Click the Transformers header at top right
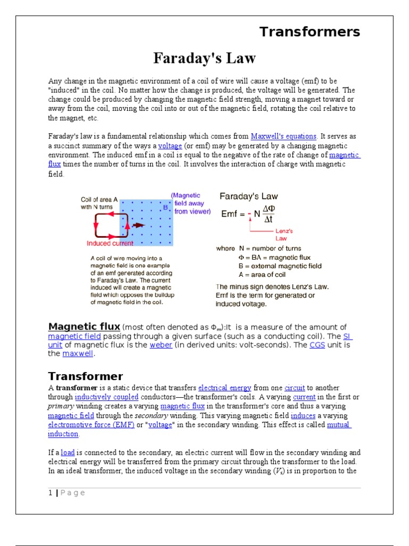pos(309,32)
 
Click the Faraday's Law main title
pos(204,58)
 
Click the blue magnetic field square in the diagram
pos(147,223)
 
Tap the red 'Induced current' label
pos(110,244)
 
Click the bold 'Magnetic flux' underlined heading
pos(84,326)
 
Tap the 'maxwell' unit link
pos(77,354)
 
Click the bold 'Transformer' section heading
pos(85,376)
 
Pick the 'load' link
pos(68,452)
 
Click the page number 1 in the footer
pos(50,493)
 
